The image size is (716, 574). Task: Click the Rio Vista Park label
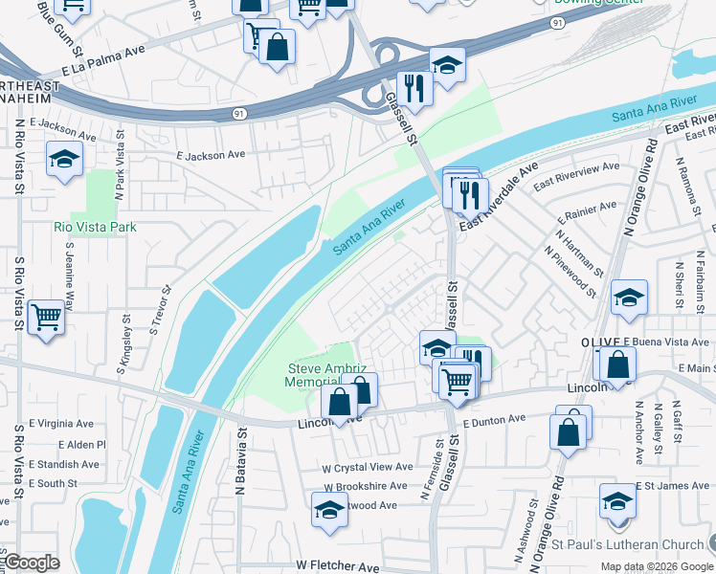[x=95, y=228]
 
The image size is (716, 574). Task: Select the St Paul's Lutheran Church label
[x=627, y=545]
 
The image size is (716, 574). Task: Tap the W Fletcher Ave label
[x=338, y=566]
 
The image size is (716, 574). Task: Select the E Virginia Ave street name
[x=61, y=422]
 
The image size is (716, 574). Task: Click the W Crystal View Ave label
[x=367, y=467]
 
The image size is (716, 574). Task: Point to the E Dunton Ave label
[x=494, y=419]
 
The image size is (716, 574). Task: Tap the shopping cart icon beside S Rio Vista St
[x=46, y=317]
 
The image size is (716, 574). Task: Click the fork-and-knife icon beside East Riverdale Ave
[x=468, y=195]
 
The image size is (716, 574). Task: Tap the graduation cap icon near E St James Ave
[x=618, y=500]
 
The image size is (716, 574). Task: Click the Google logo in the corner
[x=32, y=563]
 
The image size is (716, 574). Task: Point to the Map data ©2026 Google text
[x=655, y=566]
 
